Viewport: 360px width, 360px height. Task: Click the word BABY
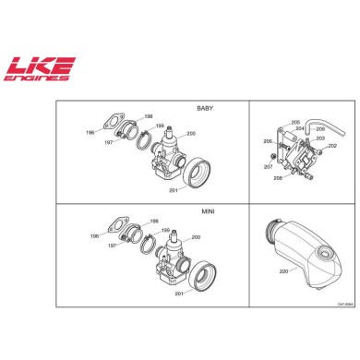206,109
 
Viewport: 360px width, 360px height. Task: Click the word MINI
208,211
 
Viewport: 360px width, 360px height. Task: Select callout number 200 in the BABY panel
191,134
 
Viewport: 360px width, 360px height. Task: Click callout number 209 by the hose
320,129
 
